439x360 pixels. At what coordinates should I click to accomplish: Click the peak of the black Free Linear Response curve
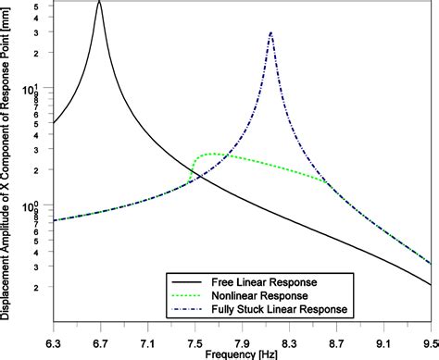pyautogui.click(x=99, y=3)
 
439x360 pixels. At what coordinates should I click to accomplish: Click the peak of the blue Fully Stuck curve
pyautogui.click(x=270, y=33)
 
